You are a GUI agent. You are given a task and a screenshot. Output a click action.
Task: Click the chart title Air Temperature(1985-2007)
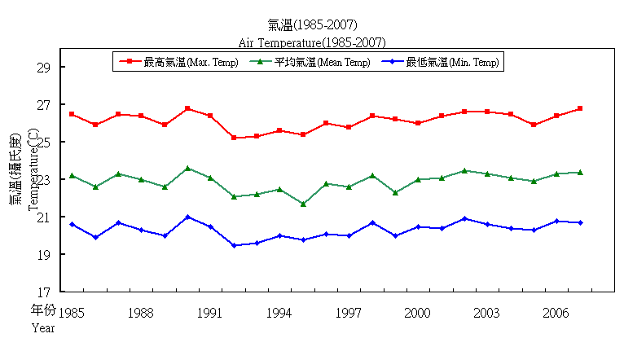click(312, 42)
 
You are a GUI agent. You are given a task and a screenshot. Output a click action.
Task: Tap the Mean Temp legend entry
click(313, 62)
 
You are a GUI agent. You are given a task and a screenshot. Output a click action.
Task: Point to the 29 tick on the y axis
click(45, 68)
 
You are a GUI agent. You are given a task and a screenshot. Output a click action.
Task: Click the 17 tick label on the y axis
click(45, 292)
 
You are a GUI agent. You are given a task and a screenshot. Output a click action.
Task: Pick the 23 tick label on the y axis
click(45, 180)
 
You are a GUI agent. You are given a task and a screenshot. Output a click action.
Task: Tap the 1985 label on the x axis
click(72, 313)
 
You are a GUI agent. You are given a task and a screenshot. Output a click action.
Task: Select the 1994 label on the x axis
click(279, 313)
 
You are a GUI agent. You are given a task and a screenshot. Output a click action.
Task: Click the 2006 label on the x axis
click(556, 313)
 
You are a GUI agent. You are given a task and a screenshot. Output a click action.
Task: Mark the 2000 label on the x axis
click(418, 313)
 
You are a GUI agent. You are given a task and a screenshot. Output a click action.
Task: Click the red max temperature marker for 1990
click(187, 108)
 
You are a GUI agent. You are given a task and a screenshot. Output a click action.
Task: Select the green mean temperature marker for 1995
click(303, 204)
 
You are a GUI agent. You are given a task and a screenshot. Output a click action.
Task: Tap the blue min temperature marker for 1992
click(234, 245)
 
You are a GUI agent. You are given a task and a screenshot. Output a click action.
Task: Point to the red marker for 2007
click(579, 108)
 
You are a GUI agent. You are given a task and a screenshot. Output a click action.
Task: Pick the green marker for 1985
click(72, 175)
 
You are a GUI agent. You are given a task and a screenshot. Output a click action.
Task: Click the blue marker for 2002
click(464, 218)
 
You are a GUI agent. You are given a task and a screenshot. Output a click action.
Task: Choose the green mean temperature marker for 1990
click(187, 168)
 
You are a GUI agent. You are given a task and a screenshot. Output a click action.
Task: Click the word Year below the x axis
click(43, 328)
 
